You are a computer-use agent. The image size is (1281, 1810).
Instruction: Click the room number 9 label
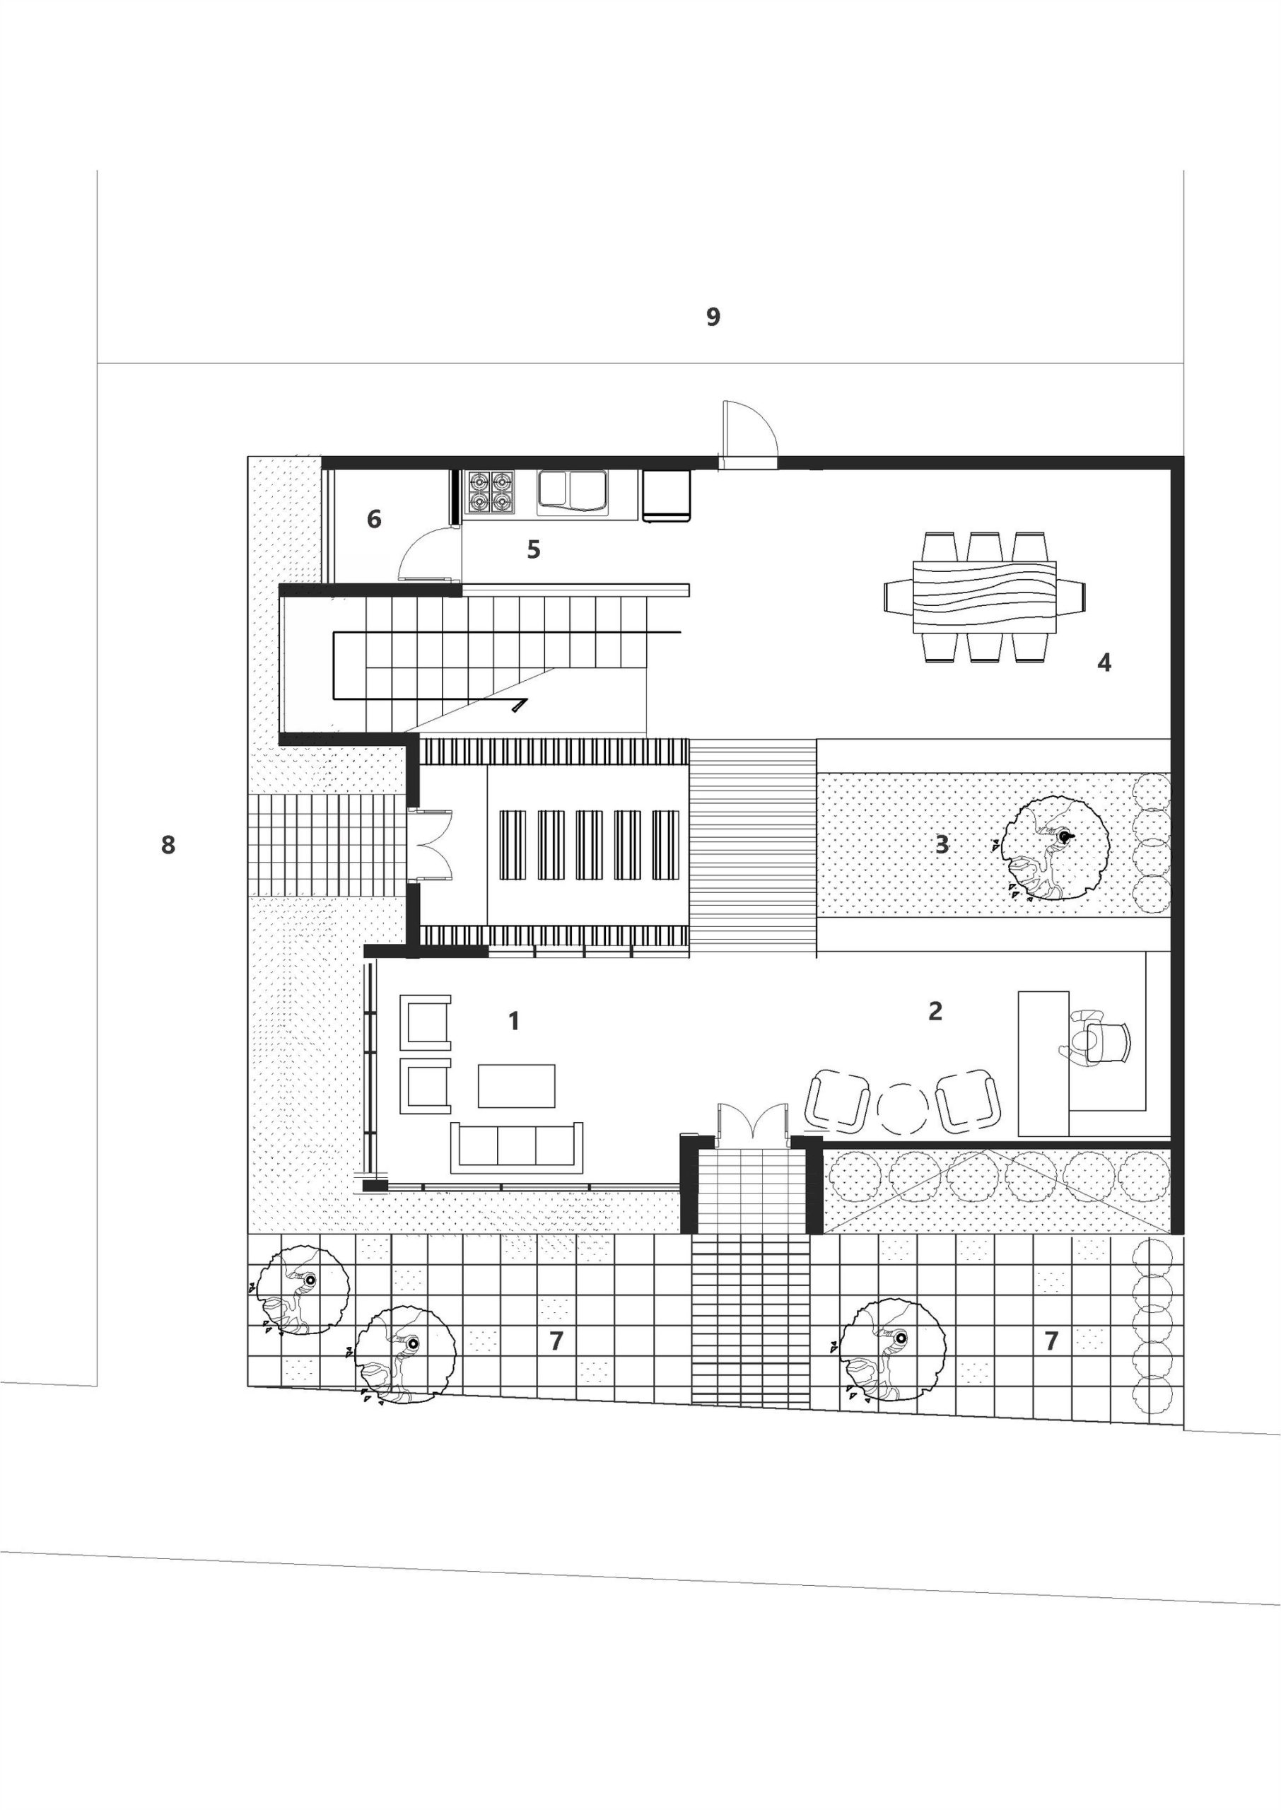(x=713, y=317)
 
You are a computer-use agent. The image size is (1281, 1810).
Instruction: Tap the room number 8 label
(x=168, y=846)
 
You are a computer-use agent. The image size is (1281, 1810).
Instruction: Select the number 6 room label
(x=374, y=519)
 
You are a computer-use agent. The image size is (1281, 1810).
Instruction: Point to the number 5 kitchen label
(x=534, y=549)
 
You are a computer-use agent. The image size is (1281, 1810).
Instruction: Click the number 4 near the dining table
(x=1104, y=662)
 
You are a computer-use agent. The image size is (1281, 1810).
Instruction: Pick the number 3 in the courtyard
(x=942, y=845)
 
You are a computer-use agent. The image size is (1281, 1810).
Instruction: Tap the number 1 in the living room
(x=514, y=1022)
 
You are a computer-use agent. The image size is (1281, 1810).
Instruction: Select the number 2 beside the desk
(x=935, y=1010)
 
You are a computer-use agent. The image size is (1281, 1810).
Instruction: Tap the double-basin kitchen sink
(x=572, y=491)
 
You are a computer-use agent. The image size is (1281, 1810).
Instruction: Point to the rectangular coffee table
(x=517, y=1086)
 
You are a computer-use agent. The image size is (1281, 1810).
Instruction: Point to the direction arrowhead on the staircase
(x=519, y=703)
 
